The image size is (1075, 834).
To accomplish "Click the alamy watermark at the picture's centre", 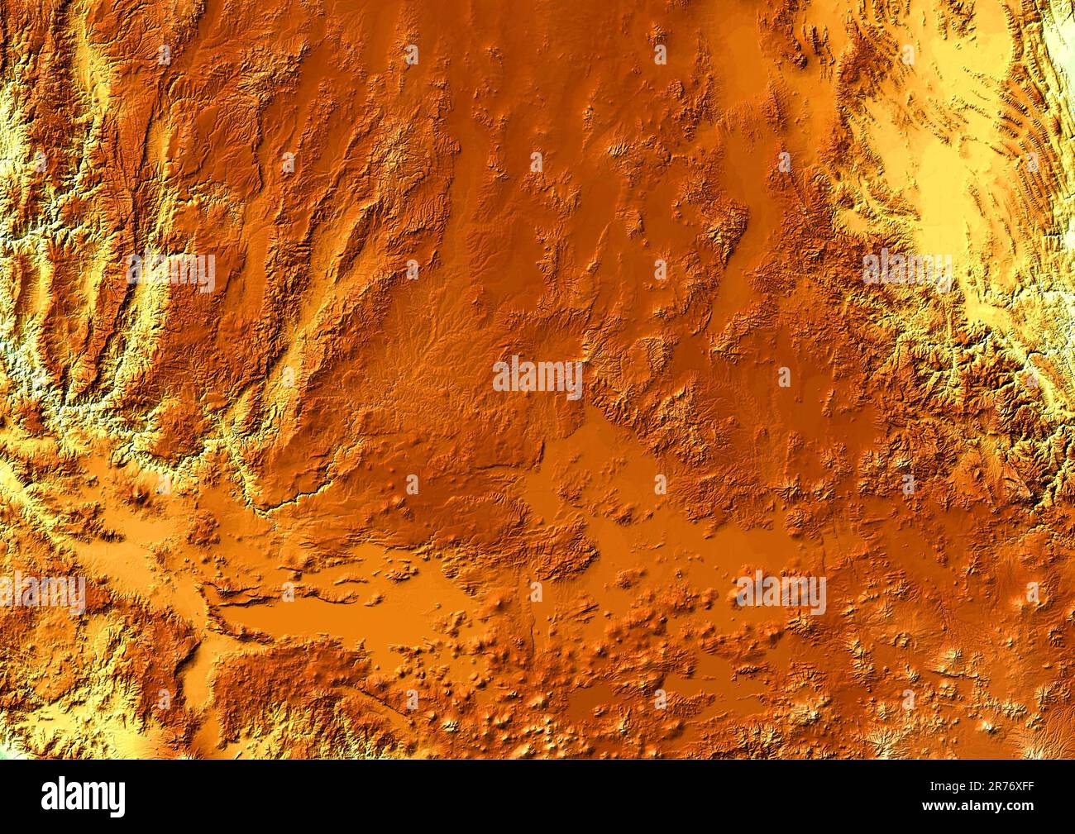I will click(537, 378).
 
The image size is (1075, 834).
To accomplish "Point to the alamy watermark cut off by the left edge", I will click(41, 593).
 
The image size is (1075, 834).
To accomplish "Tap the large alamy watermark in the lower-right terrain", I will click(781, 593).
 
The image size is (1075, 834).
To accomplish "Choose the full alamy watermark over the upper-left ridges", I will click(171, 271).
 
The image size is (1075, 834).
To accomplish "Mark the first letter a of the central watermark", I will click(502, 378).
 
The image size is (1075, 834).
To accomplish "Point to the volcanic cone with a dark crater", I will click(141, 495).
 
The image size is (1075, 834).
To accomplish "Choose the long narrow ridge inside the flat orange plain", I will click(248, 592).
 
